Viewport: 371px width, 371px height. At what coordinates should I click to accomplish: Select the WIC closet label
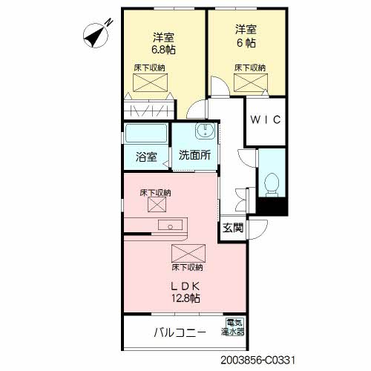coord(266,120)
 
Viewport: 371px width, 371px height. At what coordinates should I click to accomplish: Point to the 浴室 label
coord(146,157)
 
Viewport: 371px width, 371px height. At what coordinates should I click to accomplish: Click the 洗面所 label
coord(194,156)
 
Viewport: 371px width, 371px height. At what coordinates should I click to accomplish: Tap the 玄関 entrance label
coord(232,228)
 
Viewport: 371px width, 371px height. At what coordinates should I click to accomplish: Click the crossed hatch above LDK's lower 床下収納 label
coord(185,252)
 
